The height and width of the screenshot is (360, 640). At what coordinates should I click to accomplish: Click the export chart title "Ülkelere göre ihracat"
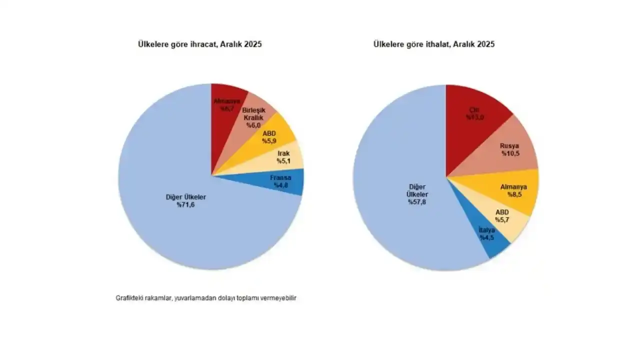(199, 44)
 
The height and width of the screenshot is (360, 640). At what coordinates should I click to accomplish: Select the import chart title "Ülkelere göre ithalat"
(434, 44)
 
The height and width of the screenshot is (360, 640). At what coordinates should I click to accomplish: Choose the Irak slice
(285, 157)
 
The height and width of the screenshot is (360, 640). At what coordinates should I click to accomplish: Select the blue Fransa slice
(282, 181)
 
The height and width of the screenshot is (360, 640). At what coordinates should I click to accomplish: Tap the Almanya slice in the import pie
(512, 190)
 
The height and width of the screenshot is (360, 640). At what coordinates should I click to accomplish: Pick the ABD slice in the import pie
(502, 216)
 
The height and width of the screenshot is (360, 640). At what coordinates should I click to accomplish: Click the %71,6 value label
(185, 205)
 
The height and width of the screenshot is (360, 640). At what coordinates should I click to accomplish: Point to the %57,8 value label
(417, 201)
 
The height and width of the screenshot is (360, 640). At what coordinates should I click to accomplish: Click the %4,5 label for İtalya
(487, 238)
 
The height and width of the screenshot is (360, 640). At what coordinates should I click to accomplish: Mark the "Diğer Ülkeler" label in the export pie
(186, 197)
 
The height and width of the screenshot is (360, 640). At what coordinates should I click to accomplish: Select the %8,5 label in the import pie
(514, 195)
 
